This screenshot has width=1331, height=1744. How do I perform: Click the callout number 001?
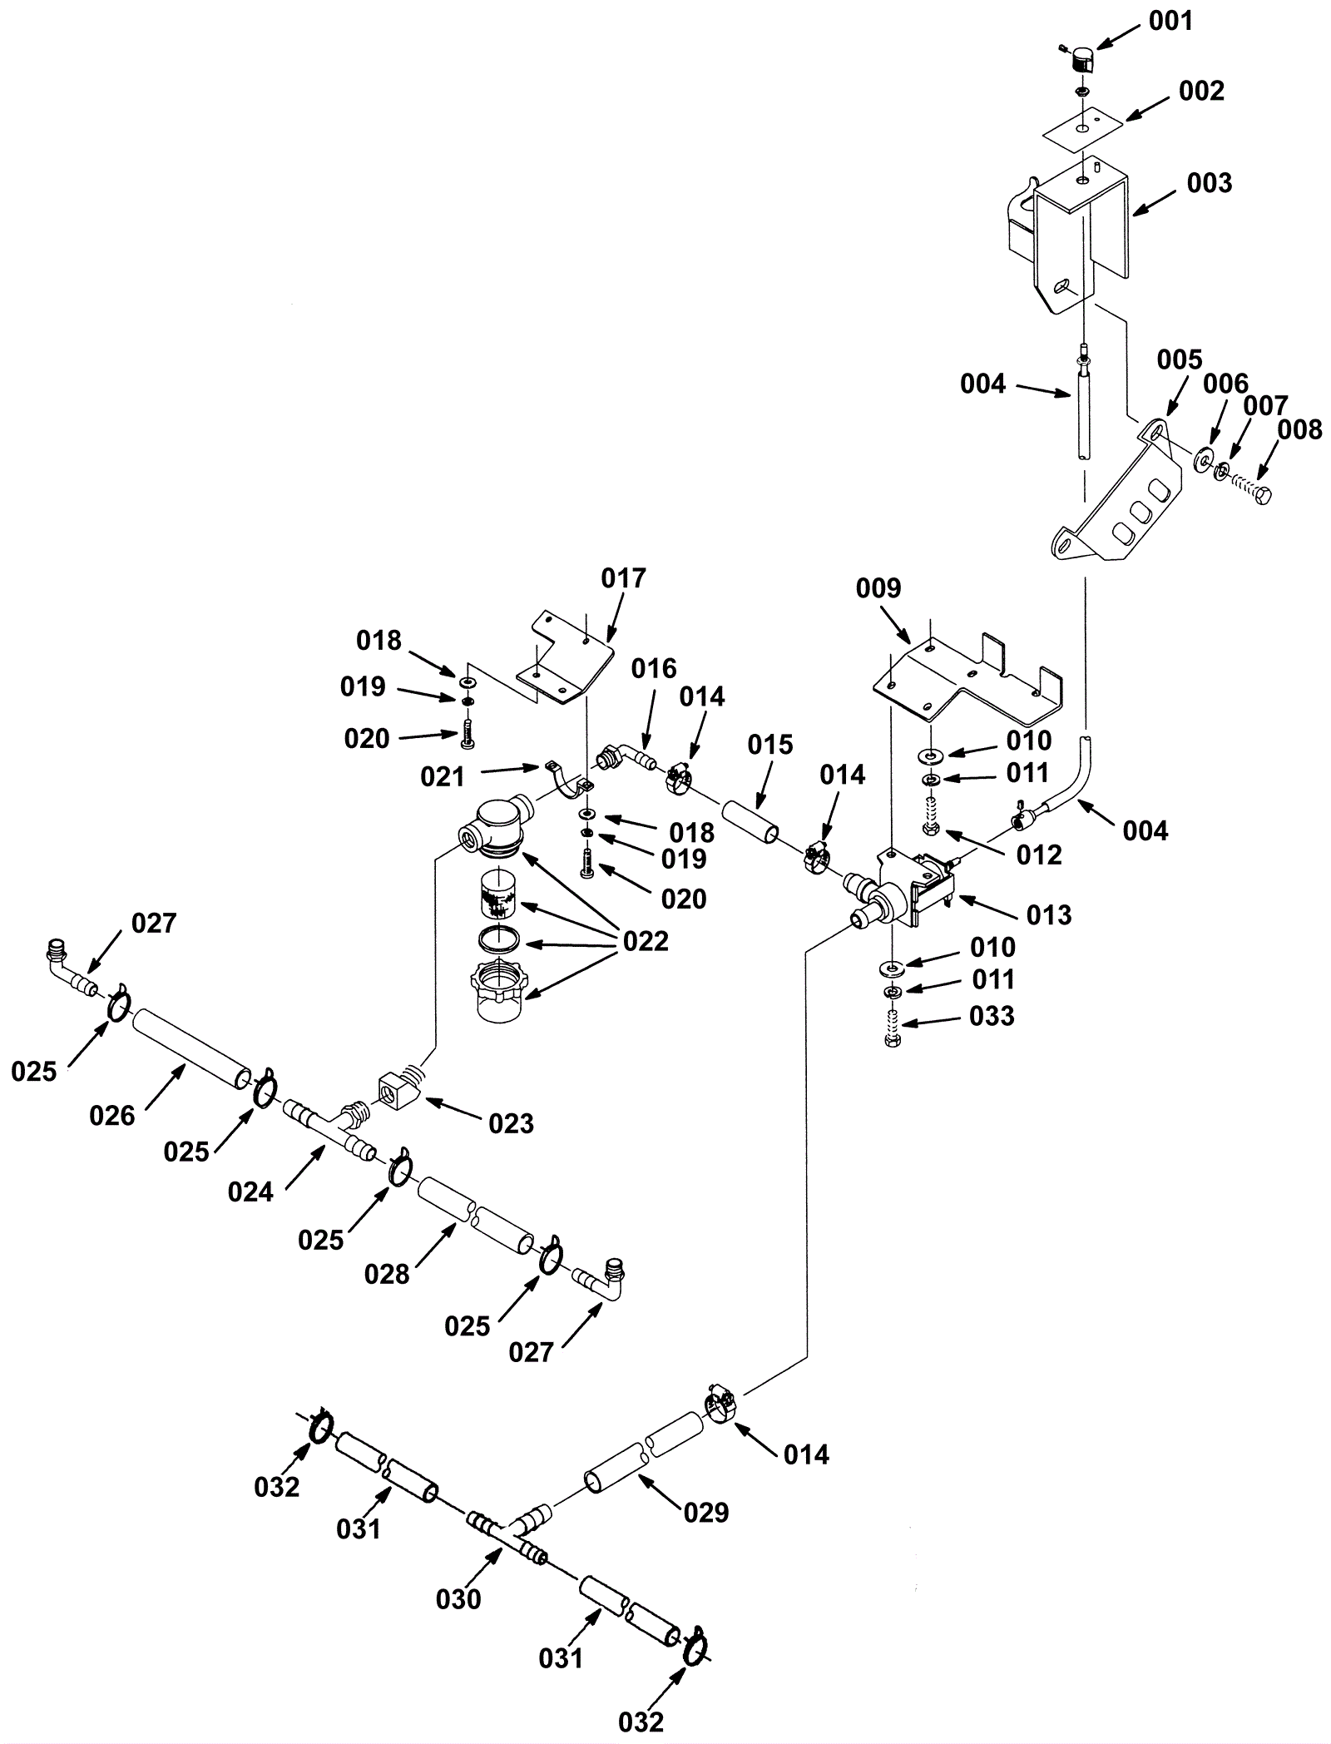click(1170, 21)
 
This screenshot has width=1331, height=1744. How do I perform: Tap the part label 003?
click(1209, 182)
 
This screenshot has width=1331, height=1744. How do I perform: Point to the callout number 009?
click(878, 588)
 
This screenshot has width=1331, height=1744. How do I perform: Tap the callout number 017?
click(623, 577)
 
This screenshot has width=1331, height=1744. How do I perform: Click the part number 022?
click(646, 941)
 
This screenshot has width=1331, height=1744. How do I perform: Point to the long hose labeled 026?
click(191, 1043)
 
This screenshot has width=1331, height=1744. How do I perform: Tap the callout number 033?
click(992, 1016)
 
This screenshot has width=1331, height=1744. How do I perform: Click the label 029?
click(705, 1512)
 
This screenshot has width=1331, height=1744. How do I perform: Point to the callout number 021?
click(442, 776)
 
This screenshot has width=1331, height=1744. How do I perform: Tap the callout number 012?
click(1039, 855)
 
